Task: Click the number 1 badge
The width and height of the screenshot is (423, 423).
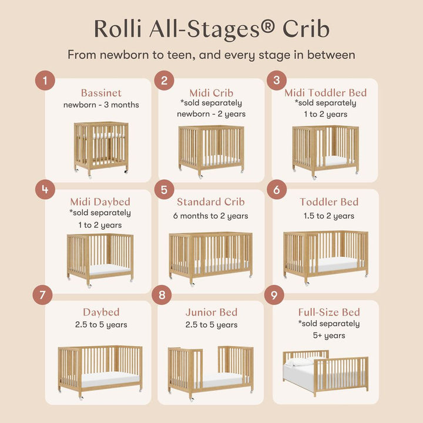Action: [45, 80]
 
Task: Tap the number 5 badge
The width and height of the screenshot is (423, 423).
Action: [164, 190]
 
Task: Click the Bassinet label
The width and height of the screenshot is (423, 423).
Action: [101, 93]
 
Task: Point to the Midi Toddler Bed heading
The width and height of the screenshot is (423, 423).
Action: [325, 93]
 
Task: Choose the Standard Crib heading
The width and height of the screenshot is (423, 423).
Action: [210, 203]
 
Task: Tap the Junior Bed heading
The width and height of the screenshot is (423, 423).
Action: [211, 312]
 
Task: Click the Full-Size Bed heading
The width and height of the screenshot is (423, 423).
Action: [329, 312]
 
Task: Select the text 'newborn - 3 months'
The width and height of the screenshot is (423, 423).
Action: [101, 105]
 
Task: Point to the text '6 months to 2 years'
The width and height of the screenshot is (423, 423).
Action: [210, 216]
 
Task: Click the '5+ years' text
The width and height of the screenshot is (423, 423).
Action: [329, 336]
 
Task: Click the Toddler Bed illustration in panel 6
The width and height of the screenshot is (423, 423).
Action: [325, 255]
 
